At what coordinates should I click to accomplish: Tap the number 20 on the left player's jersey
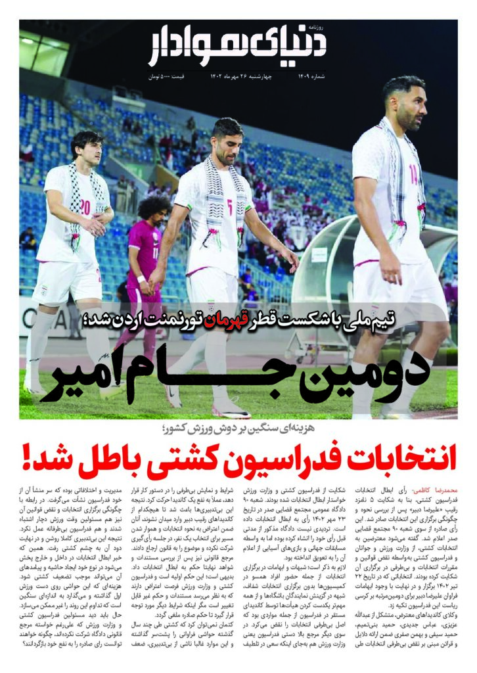[x=86, y=208]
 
